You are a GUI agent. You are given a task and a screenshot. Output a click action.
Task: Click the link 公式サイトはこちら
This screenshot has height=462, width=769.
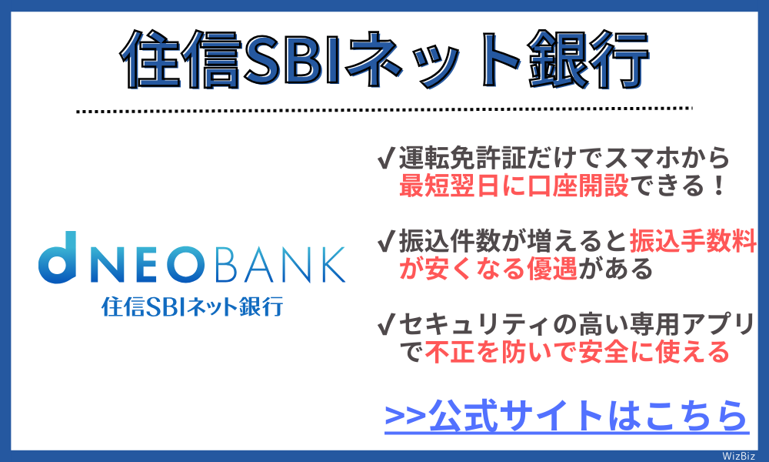tap(566, 416)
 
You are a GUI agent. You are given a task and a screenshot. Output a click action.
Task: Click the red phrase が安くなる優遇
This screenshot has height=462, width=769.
tap(488, 269)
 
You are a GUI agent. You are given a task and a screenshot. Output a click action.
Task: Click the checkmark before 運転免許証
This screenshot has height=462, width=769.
tap(387, 159)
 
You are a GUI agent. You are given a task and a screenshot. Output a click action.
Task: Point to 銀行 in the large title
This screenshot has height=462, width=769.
tap(584, 60)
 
